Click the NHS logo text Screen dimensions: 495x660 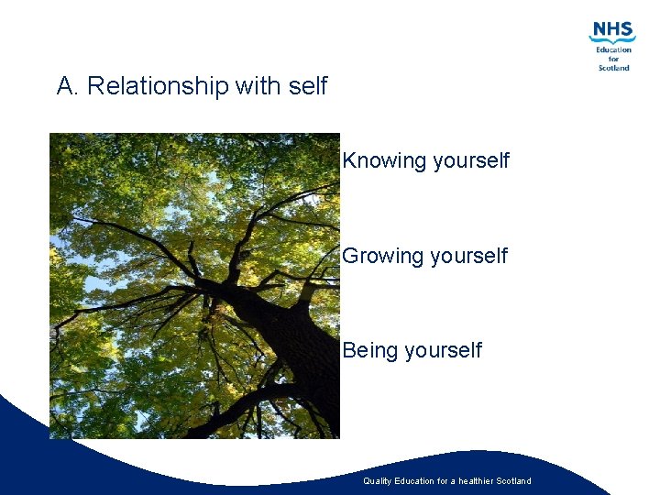click(612, 29)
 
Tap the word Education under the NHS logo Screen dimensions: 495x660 click(613, 49)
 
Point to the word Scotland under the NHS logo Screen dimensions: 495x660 click(613, 67)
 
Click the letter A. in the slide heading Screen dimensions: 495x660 click(66, 86)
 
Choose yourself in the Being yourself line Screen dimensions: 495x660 click(444, 350)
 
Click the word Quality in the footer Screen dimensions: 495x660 click(378, 481)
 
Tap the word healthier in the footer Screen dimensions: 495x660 click(481, 481)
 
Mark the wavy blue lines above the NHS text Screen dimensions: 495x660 click(611, 41)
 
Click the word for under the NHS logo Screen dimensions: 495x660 click(613, 59)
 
